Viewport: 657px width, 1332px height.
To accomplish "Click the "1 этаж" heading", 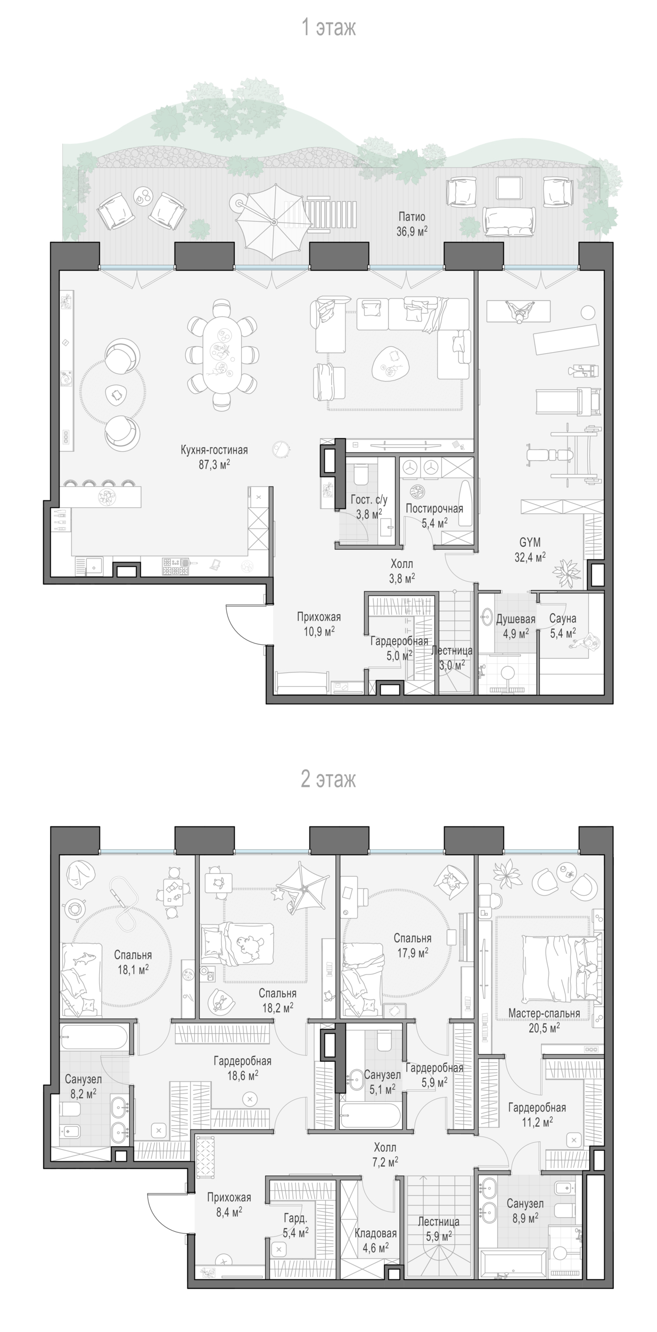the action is click(x=328, y=27).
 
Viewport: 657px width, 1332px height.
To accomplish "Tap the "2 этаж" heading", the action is click(x=328, y=779).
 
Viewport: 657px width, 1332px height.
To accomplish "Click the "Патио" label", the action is click(x=412, y=217).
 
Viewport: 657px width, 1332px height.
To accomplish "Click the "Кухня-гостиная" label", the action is click(x=214, y=450).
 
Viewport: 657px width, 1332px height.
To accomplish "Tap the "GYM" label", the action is click(x=530, y=542).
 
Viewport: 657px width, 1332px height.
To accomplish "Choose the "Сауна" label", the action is click(x=563, y=619).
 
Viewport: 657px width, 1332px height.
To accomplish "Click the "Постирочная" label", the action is click(x=434, y=508).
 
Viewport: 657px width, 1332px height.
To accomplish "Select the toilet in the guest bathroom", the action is click(x=360, y=474).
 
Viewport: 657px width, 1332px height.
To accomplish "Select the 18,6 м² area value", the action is click(x=243, y=1076).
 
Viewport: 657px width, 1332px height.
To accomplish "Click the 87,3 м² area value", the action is click(x=214, y=465).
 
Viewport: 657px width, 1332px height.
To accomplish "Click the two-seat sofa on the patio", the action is click(x=508, y=221).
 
